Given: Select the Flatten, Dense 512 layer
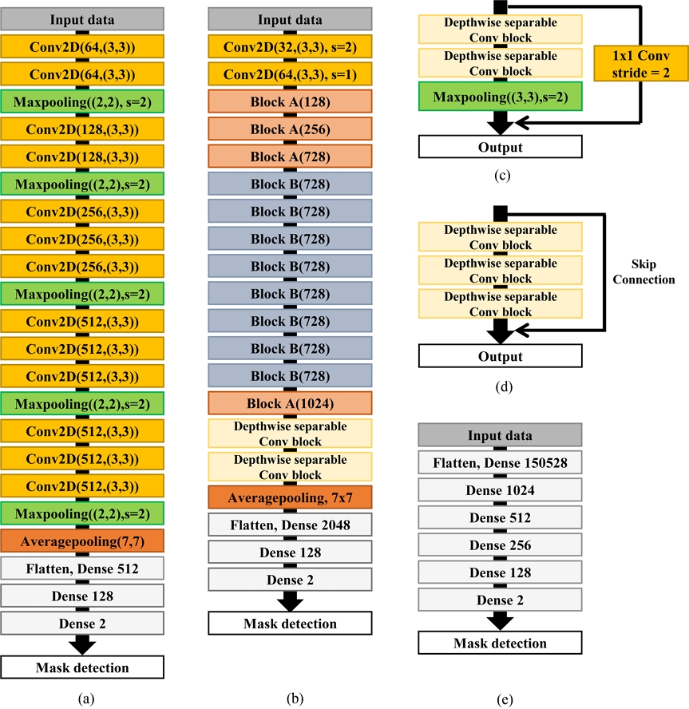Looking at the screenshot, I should [83, 568].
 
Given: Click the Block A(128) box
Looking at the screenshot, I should [291, 101].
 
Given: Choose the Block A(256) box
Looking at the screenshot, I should [291, 129].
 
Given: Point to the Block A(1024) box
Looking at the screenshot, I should [291, 402].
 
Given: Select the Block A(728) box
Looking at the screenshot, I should [291, 156].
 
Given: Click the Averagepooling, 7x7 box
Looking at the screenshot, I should [291, 497].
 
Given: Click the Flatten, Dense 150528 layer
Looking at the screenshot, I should [500, 464].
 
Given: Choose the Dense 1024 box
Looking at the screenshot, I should [500, 492].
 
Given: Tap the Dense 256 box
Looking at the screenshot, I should [500, 546].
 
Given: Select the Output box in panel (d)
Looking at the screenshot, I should [500, 357].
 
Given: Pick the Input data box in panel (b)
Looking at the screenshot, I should [291, 19].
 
